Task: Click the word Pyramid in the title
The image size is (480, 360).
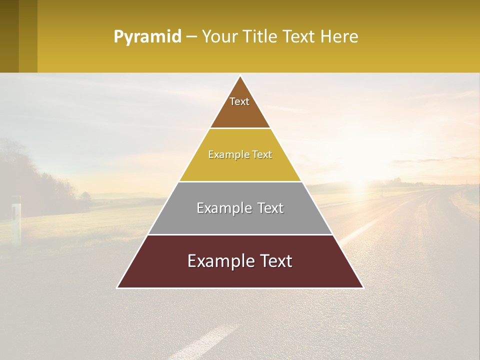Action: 147,37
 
